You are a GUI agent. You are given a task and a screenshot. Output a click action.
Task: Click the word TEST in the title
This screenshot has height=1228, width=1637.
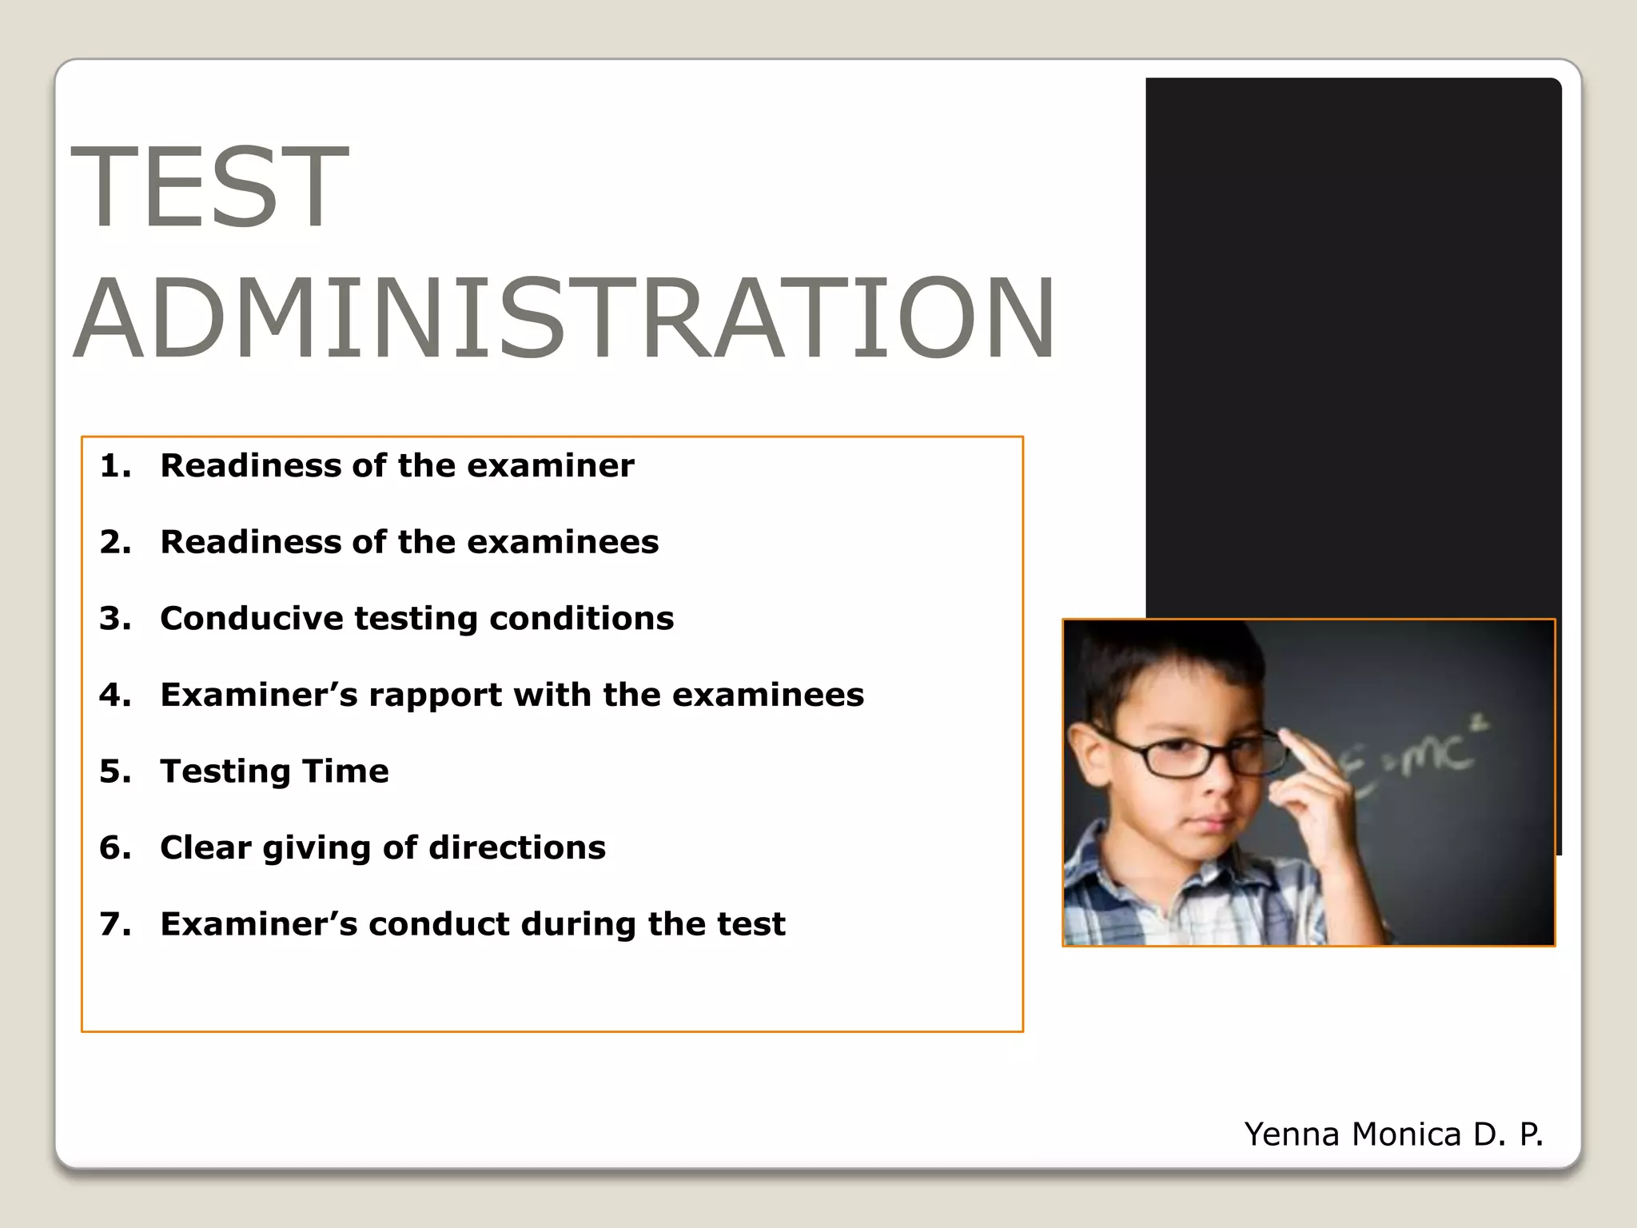point(209,187)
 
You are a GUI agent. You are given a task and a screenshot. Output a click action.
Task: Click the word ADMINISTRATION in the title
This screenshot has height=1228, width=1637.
point(564,318)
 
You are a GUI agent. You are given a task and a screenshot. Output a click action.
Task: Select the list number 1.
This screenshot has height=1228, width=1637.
point(114,466)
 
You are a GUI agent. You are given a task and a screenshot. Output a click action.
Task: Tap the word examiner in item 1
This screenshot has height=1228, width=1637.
point(550,466)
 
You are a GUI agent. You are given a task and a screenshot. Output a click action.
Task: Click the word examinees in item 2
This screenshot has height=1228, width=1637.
point(563,542)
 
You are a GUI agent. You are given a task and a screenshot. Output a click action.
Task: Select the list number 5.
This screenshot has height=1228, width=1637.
point(114,771)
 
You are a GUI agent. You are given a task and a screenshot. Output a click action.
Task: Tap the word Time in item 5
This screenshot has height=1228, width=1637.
point(345,771)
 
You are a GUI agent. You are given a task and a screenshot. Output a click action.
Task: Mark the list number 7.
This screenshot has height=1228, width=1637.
point(114,924)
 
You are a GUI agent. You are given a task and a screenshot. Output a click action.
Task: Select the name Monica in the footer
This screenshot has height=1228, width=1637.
point(1406,1134)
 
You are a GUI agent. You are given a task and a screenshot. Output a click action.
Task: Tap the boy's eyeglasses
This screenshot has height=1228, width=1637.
point(1191,756)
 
